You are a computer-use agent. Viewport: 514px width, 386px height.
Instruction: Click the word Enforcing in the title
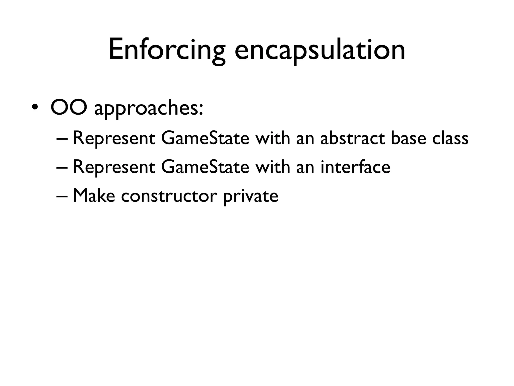(167, 50)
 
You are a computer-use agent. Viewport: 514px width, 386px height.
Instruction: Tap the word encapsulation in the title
(320, 50)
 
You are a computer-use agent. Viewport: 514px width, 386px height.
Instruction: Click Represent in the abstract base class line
(114, 139)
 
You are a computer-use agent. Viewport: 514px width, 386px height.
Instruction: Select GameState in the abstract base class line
(205, 139)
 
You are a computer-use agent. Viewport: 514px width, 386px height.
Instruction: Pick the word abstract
(353, 139)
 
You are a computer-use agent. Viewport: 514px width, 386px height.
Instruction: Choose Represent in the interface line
(114, 168)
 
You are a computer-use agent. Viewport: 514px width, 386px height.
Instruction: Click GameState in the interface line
(205, 168)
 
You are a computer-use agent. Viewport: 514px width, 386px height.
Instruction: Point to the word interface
(355, 168)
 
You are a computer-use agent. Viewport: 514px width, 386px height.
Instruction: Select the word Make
(94, 196)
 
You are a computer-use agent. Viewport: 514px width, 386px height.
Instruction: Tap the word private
(250, 197)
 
